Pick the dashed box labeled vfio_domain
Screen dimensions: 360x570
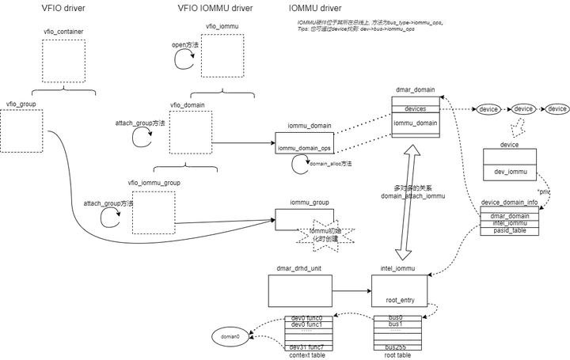click(191, 132)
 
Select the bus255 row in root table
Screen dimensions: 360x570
click(399, 346)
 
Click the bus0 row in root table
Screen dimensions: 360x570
click(399, 318)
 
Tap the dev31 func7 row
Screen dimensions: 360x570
click(306, 347)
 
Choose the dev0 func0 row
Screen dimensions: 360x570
click(306, 318)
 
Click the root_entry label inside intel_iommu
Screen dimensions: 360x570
click(400, 301)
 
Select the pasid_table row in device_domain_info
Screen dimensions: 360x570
click(509, 230)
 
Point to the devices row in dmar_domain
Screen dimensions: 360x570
click(416, 108)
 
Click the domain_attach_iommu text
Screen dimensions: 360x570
click(413, 195)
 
